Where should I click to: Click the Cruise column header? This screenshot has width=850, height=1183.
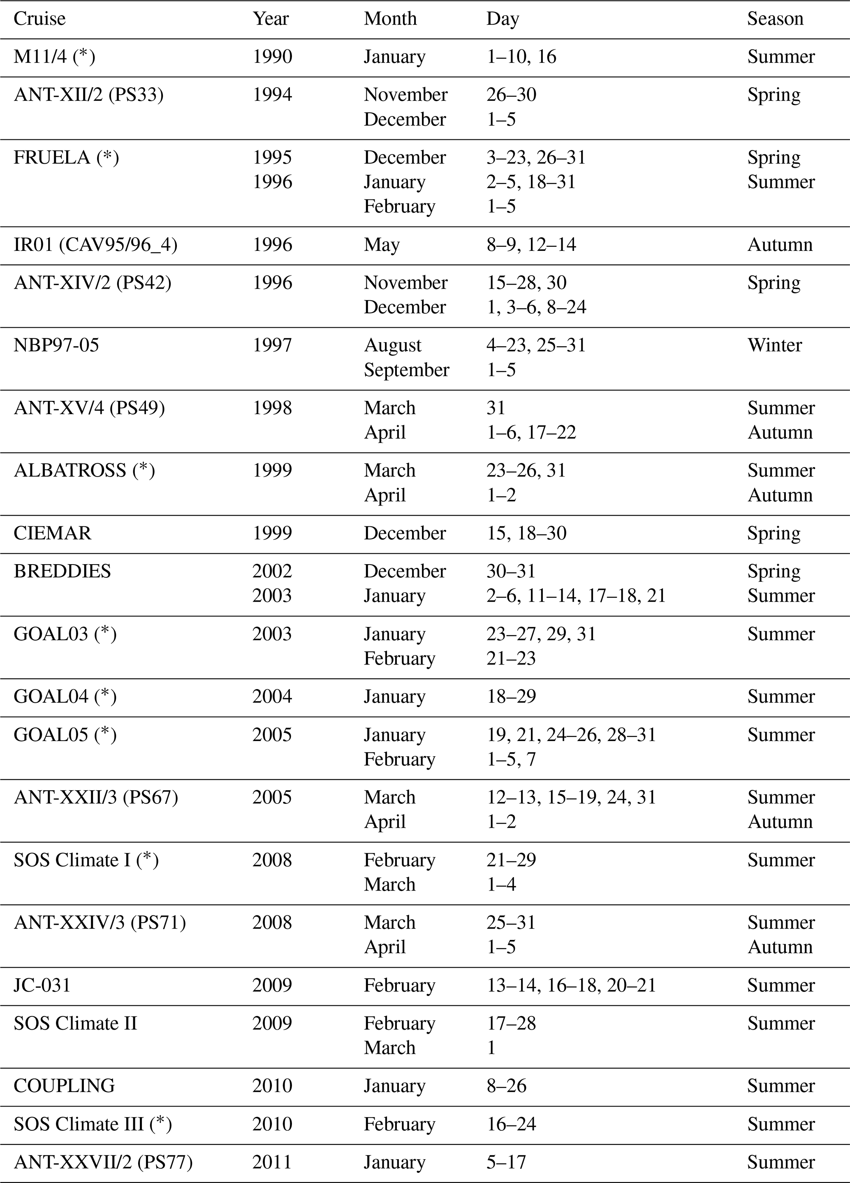click(x=39, y=19)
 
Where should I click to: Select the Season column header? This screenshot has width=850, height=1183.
click(x=775, y=19)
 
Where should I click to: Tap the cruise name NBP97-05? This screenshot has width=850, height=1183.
click(x=56, y=345)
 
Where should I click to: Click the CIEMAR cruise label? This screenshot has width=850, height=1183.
click(x=52, y=533)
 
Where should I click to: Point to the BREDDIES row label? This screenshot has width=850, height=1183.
click(x=62, y=571)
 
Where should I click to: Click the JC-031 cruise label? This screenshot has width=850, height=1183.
click(x=42, y=985)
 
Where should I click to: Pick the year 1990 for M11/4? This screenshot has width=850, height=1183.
click(x=272, y=57)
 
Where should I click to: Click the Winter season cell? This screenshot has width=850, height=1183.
click(x=774, y=345)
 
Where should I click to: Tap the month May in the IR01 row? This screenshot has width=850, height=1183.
click(x=382, y=245)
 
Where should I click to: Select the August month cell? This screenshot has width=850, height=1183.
click(x=392, y=345)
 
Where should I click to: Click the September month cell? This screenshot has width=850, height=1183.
click(x=406, y=370)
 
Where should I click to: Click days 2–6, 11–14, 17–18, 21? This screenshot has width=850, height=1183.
click(x=576, y=596)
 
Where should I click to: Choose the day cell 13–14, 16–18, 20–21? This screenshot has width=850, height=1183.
click(x=571, y=985)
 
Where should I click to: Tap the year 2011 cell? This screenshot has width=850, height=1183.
click(x=272, y=1162)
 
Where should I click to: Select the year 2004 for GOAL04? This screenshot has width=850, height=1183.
click(x=272, y=696)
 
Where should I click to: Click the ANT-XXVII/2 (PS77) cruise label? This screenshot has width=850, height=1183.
click(x=103, y=1162)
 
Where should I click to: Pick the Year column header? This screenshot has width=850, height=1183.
click(x=271, y=19)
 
